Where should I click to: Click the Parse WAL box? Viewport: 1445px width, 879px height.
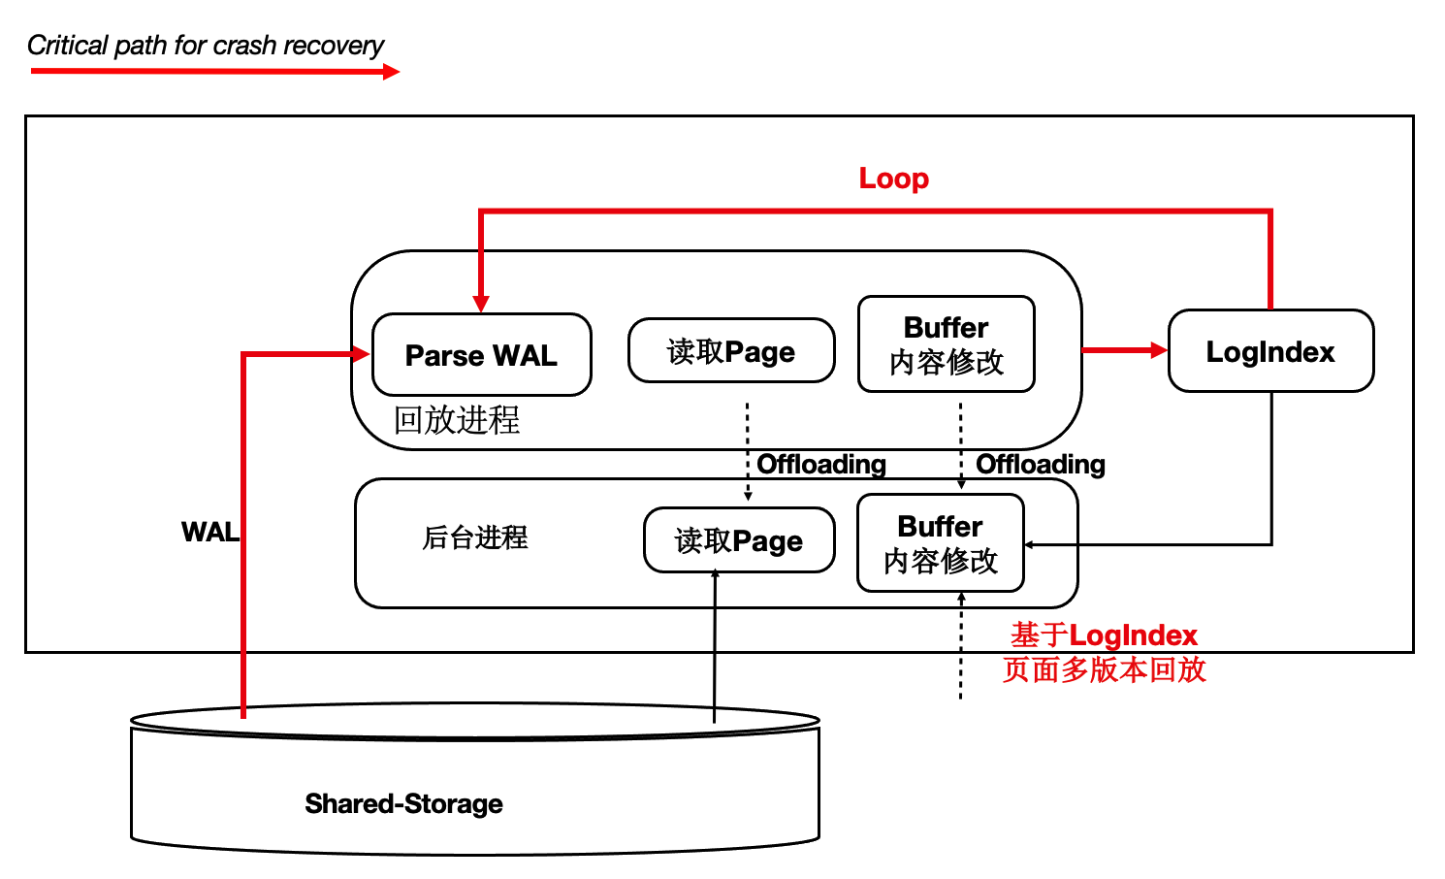tap(481, 355)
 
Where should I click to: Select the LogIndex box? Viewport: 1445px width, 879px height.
tap(1270, 351)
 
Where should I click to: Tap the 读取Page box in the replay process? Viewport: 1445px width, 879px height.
tap(731, 351)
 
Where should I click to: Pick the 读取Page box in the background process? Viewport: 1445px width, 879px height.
tap(739, 540)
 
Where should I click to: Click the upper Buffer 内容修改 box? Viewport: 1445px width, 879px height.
tap(947, 344)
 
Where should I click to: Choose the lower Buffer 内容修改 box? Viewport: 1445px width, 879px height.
tap(941, 543)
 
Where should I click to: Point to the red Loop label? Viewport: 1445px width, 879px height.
tap(894, 179)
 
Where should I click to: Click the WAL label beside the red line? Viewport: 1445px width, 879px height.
tap(209, 532)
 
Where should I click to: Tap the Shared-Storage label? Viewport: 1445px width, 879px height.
tap(403, 803)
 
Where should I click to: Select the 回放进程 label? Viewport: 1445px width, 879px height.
tap(457, 420)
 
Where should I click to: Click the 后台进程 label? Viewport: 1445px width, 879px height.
tap(475, 537)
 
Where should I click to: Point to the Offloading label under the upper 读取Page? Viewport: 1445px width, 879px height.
tap(821, 465)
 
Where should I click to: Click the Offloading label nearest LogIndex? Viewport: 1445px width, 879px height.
tap(1041, 465)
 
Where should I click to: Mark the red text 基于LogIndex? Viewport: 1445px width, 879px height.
tap(1104, 635)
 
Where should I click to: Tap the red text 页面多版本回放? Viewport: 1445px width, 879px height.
tap(1104, 669)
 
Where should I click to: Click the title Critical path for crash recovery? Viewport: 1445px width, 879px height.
tap(206, 46)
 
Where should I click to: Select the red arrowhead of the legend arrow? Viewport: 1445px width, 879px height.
tap(391, 71)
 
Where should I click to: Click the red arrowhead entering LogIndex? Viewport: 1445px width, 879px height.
tap(1158, 350)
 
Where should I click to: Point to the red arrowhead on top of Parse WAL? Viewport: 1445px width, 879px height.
tap(480, 304)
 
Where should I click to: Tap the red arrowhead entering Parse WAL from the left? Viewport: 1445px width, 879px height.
tap(362, 354)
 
